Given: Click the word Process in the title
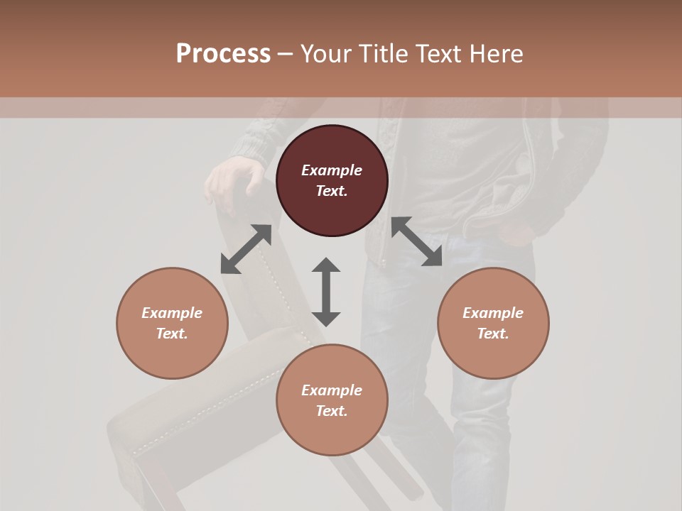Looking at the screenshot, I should coord(223,54).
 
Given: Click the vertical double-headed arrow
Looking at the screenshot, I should coord(326,292).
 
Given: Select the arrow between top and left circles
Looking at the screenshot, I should coord(246,249).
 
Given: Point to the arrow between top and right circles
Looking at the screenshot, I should coord(417,242).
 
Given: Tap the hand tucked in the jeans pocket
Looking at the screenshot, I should coord(515,231).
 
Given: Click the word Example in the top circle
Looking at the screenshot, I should coord(332,170).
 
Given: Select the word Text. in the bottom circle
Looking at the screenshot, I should coord(332,411).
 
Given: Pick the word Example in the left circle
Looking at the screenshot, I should coord(172,313).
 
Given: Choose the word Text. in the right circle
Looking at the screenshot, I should coord(493,334).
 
